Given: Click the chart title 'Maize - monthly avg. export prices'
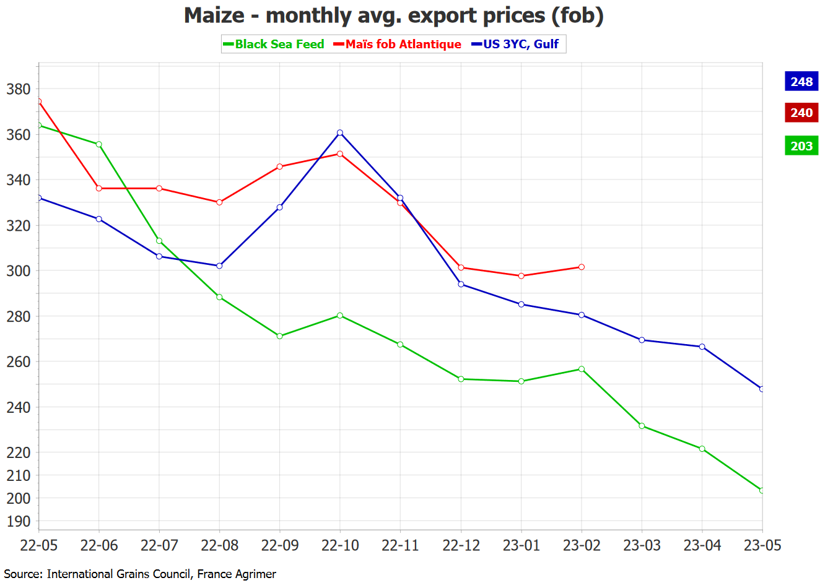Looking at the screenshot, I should [393, 15].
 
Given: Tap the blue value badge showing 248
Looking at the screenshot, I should [801, 82].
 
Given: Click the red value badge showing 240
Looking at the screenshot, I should [801, 113].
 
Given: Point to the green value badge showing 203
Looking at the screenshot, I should [801, 146].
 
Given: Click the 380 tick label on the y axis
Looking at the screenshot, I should [18, 89].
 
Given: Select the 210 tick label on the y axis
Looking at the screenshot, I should [18, 475].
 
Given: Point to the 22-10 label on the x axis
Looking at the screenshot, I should [340, 545].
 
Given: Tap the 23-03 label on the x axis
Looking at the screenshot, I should [642, 545].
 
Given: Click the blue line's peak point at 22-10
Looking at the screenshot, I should [340, 132].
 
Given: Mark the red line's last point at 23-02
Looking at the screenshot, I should [582, 267].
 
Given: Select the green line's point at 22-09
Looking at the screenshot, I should [280, 336].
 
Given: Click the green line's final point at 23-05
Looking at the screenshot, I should [762, 490].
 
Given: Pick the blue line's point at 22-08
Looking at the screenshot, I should [219, 266].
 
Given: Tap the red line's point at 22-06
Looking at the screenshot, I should [99, 188].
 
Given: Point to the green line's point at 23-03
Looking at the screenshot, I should [642, 426].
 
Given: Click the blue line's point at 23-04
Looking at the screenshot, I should [702, 347].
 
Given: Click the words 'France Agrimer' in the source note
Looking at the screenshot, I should [237, 574].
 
